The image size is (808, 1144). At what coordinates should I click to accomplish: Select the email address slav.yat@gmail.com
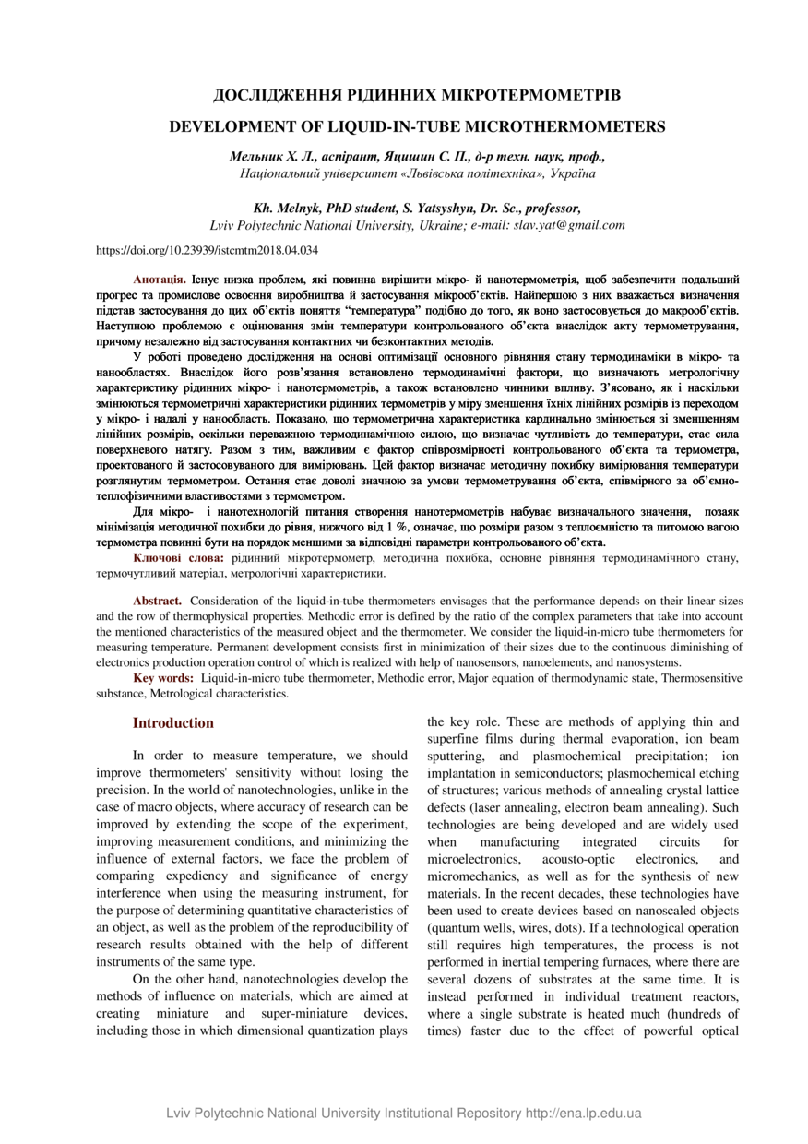tap(569, 224)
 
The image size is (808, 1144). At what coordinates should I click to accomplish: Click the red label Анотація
tap(160, 277)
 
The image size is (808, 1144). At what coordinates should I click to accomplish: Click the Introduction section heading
tap(173, 722)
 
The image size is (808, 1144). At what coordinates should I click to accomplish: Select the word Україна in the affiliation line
tap(572, 173)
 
